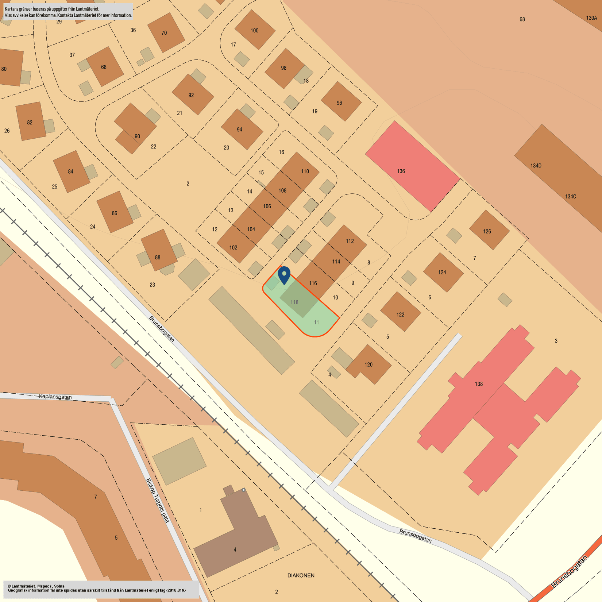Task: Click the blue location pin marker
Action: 284,275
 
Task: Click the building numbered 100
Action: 255,30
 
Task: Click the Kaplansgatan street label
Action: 55,397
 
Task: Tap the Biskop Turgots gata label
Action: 158,500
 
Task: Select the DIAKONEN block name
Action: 301,575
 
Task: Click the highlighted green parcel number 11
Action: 316,322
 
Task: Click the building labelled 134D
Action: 536,166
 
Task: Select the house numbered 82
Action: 30,122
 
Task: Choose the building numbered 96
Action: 340,102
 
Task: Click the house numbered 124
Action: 443,272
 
